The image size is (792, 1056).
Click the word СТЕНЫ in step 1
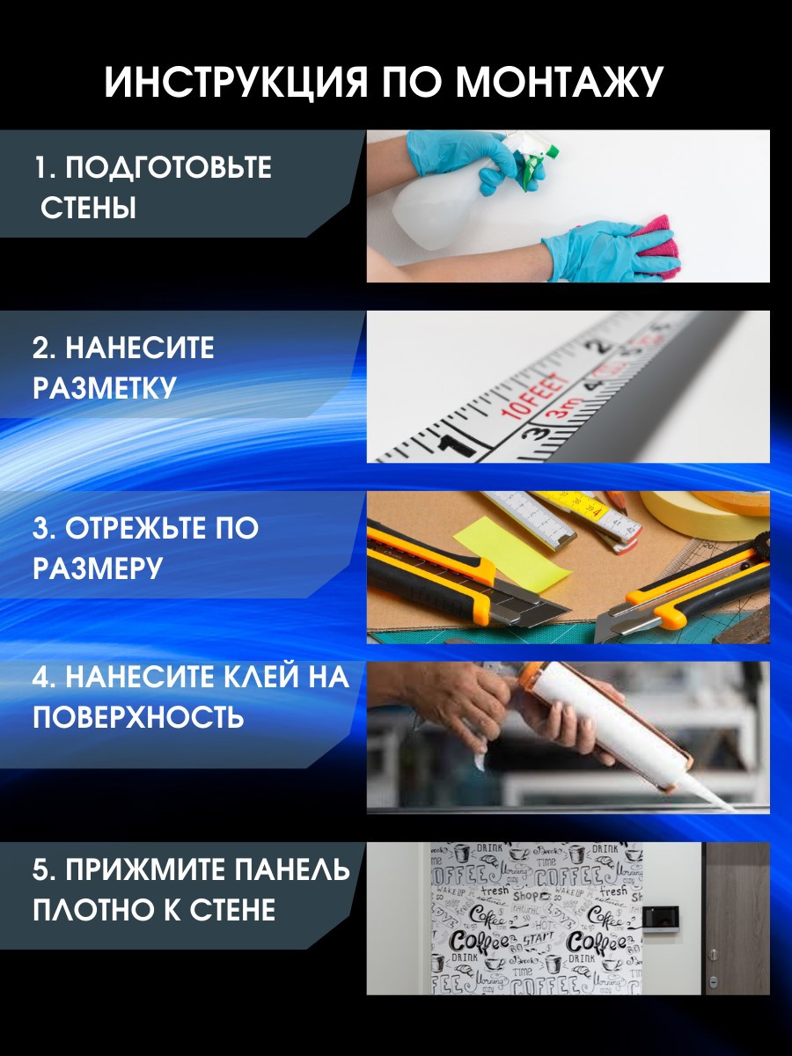click(x=89, y=209)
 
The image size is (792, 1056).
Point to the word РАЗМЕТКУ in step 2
click(x=105, y=388)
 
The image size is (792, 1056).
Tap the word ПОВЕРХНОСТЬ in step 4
click(x=138, y=717)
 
